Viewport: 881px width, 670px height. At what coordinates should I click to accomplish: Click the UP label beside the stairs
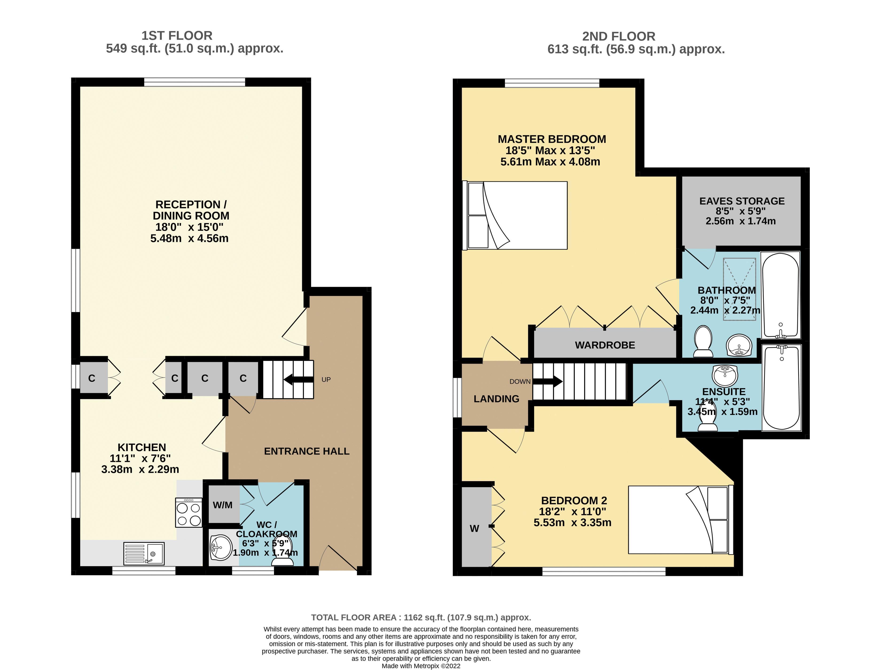[326, 379]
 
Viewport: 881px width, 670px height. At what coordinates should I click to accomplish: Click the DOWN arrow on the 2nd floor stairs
[548, 381]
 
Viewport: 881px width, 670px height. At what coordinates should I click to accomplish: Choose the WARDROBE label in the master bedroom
[605, 345]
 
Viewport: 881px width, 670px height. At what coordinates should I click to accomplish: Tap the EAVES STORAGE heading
[742, 201]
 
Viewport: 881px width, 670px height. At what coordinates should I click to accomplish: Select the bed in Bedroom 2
[681, 519]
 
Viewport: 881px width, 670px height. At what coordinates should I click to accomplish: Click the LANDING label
[496, 399]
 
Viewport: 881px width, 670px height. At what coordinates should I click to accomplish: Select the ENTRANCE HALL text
[307, 451]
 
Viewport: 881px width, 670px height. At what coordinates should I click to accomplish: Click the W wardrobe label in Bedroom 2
[474, 529]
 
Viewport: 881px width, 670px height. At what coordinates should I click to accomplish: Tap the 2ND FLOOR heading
[619, 36]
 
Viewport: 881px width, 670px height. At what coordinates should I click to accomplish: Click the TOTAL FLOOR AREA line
[421, 617]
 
